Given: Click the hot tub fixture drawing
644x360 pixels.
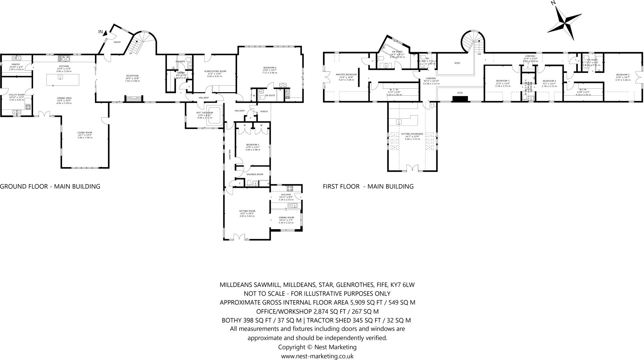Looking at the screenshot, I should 215,116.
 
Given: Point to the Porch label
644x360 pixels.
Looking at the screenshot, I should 264,111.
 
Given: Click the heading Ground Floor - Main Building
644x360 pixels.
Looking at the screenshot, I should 50,186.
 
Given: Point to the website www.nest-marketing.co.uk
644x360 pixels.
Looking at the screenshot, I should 317,356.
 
